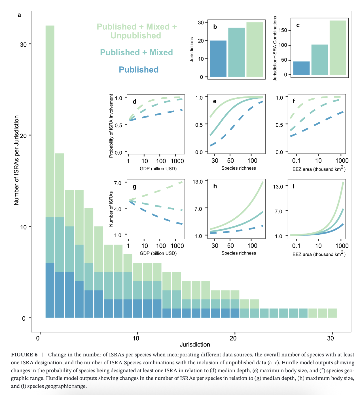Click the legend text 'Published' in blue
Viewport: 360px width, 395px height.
[139, 70]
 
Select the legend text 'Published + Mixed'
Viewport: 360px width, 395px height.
[136, 52]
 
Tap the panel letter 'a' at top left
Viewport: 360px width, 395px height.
[19, 15]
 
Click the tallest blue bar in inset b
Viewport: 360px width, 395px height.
[218, 59]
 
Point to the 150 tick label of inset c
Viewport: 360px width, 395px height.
[283, 30]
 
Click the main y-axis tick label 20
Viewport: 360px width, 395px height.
[23, 136]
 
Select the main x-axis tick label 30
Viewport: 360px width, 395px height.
[330, 338]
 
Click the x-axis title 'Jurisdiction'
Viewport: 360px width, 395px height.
[195, 344]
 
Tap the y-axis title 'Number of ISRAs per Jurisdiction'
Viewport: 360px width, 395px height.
[16, 160]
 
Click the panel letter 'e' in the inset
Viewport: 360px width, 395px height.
[215, 101]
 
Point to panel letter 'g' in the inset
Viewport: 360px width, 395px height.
[134, 186]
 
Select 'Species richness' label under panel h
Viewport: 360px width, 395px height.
[238, 253]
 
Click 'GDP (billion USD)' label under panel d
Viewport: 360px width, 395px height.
[158, 169]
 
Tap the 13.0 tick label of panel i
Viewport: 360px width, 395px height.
[278, 186]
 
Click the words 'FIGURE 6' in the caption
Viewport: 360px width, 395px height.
[24, 355]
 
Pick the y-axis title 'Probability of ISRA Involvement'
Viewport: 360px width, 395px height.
[111, 126]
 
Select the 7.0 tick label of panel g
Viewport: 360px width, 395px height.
[118, 183]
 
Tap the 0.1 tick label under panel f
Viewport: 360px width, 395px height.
[296, 161]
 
